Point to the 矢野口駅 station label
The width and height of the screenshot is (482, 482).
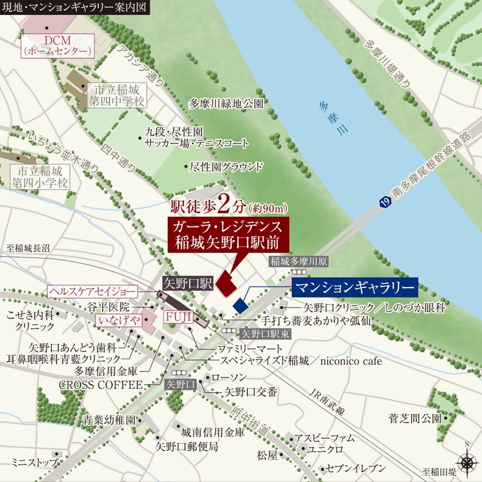[x=188, y=284]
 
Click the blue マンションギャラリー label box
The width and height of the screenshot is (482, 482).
[x=355, y=288]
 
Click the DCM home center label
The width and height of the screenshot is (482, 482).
[x=57, y=45]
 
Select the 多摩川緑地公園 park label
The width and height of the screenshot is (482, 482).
[x=226, y=104]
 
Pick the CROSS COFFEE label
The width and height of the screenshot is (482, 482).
[x=101, y=385]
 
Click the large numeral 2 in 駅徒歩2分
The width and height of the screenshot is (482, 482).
[x=223, y=205]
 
